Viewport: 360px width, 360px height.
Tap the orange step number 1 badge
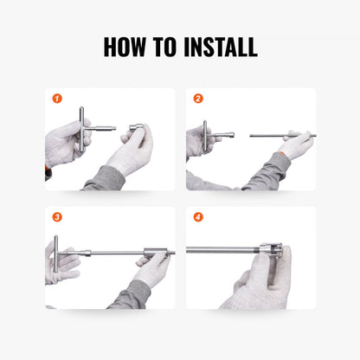pos(57,99)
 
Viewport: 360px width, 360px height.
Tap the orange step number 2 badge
pos(198,99)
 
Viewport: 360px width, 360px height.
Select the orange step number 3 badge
pos(57,217)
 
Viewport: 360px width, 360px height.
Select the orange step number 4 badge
pos(198,217)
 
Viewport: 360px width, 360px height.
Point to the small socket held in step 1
pos(137,129)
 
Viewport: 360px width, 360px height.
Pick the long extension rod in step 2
pos(277,135)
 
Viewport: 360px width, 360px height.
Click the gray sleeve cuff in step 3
pos(130,294)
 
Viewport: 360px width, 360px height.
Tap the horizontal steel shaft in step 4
pos(221,251)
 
